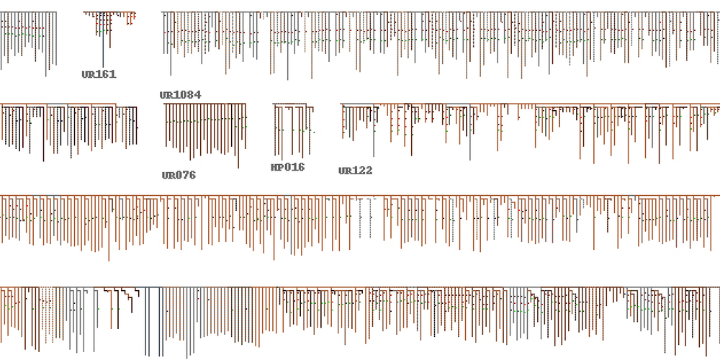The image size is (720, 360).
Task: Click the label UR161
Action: [99, 74]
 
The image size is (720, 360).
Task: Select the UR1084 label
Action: [180, 95]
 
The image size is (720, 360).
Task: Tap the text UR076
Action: [179, 175]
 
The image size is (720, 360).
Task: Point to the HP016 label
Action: [287, 167]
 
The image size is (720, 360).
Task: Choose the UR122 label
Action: [355, 171]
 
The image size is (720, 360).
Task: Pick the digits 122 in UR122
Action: [361, 171]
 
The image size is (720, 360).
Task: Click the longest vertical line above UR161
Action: [102, 43]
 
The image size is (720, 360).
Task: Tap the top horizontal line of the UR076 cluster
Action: [206, 104]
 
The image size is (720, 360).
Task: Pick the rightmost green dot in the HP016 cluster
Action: [313, 132]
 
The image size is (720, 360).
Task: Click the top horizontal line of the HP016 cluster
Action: [293, 104]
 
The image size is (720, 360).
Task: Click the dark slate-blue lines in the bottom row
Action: [147, 317]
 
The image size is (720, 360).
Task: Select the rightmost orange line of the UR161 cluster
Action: [134, 19]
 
